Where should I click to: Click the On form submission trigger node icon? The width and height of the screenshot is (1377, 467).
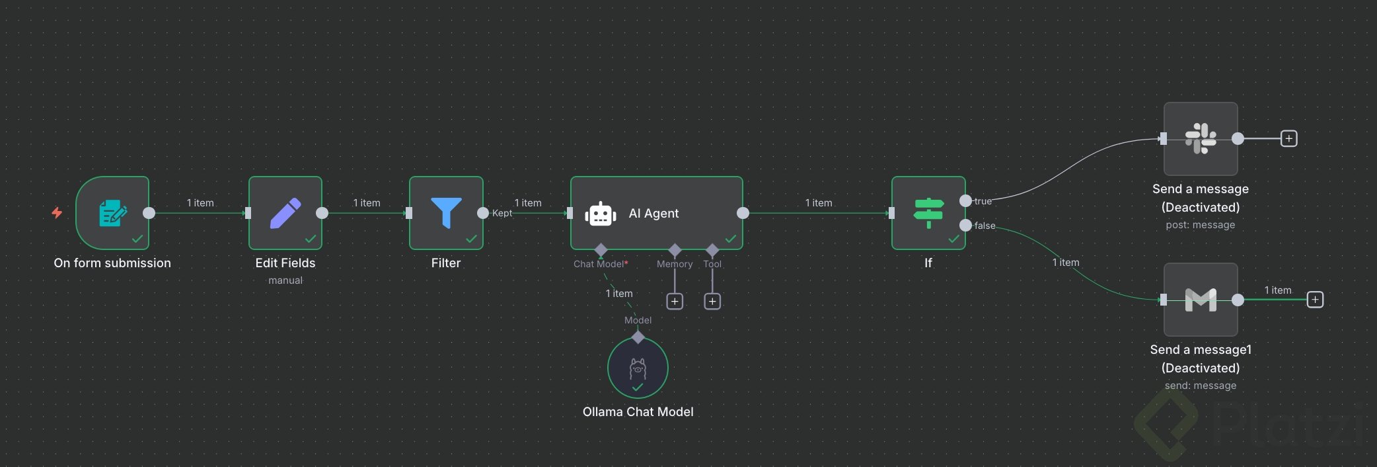(x=112, y=213)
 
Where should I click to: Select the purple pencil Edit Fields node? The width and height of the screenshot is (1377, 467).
(x=285, y=213)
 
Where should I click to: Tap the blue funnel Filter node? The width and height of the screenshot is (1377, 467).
(x=446, y=213)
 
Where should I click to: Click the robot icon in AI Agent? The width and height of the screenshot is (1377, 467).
(x=601, y=214)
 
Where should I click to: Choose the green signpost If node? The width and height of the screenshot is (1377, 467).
(x=928, y=213)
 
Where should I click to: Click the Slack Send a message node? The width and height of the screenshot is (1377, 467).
(x=1201, y=138)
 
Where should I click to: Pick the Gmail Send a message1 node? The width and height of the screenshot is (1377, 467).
(x=1201, y=300)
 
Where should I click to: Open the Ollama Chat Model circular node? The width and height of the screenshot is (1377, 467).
(x=638, y=368)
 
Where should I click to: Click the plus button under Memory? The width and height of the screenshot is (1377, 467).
(x=675, y=302)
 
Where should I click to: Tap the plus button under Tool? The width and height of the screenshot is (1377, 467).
(x=712, y=302)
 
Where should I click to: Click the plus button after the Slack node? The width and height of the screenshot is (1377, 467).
(x=1288, y=138)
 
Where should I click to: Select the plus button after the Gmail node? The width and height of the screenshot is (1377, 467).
(x=1315, y=300)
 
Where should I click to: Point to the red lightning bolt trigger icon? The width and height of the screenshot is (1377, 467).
(x=57, y=212)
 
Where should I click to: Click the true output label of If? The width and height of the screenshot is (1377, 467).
(x=983, y=201)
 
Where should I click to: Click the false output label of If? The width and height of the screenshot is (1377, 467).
(x=985, y=226)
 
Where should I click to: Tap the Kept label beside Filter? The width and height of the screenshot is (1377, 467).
(x=502, y=213)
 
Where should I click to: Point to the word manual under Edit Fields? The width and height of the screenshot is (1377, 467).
(x=285, y=280)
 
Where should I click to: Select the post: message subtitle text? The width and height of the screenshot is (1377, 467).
(x=1200, y=225)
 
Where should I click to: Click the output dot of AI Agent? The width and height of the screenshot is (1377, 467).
(x=743, y=213)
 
